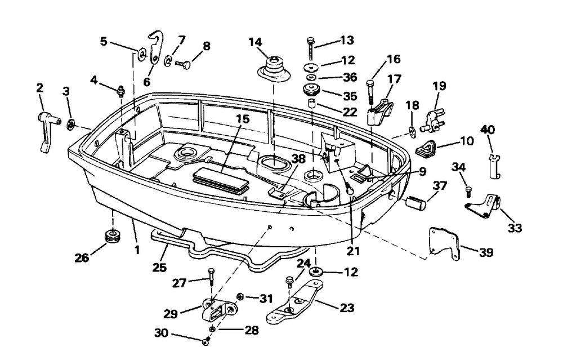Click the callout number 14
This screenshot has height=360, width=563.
pyautogui.click(x=256, y=42)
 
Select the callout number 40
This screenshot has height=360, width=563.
pyautogui.click(x=488, y=130)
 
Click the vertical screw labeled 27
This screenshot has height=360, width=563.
pyautogui.click(x=211, y=278)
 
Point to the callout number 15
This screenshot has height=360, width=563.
pyautogui.click(x=242, y=119)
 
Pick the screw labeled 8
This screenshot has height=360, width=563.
pyautogui.click(x=184, y=64)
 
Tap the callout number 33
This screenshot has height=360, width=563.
pyautogui.click(x=515, y=228)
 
